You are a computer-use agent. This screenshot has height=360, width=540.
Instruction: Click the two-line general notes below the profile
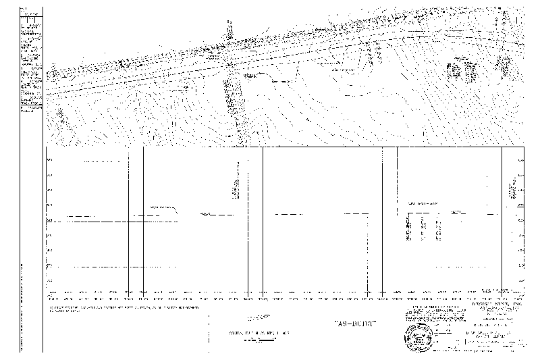125,311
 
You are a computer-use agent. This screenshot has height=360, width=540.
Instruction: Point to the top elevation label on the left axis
51,160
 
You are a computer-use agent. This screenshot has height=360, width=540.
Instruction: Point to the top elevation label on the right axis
520,160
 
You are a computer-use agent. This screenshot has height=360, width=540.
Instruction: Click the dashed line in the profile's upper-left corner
105,161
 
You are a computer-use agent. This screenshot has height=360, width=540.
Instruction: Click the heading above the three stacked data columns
422,203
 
